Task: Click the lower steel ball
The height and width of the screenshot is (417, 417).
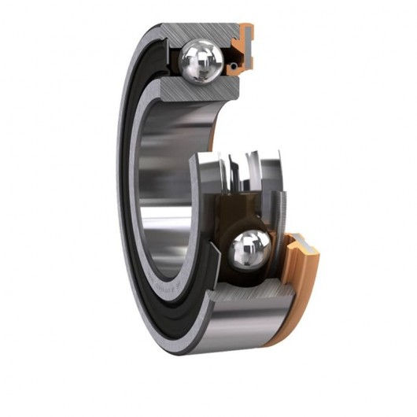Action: pos(250,250)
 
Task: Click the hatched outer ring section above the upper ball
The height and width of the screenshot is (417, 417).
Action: pos(201,31)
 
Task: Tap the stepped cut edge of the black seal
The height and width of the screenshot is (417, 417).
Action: pos(203,260)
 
